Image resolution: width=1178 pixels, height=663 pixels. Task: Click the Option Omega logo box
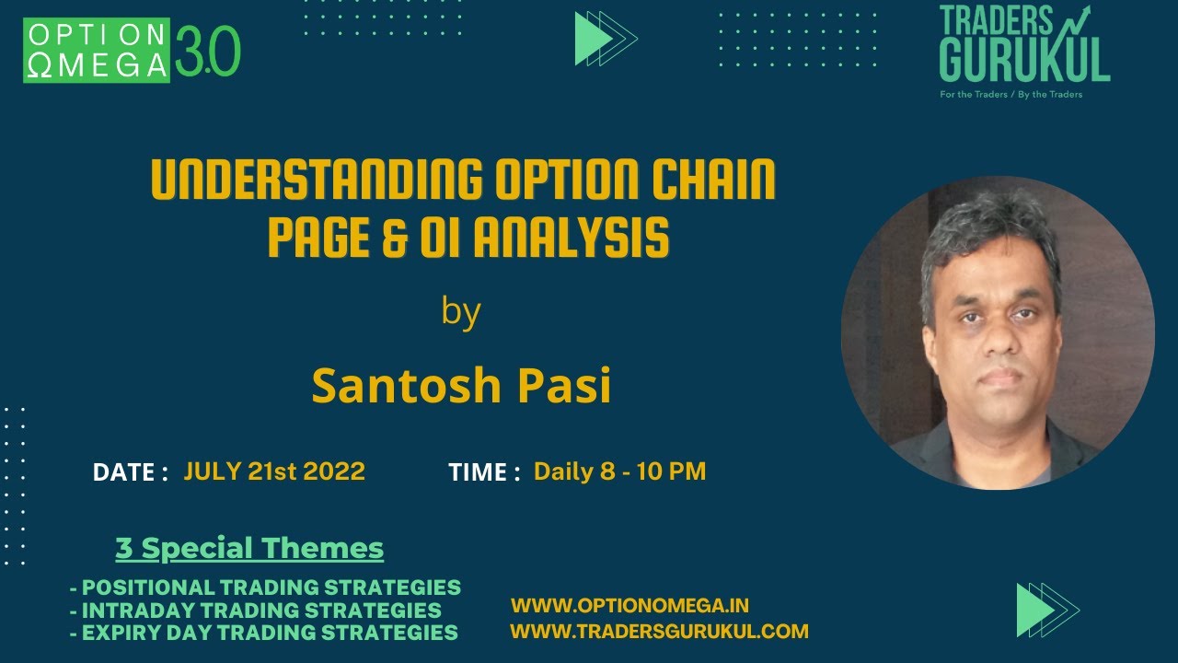pos(97,50)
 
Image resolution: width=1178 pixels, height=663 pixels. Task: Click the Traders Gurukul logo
pos(1023,46)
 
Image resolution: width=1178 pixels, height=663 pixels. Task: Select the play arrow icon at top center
pos(605,39)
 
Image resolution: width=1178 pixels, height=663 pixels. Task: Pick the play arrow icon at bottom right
pos(1046,610)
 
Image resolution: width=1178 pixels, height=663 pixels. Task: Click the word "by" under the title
pos(461,311)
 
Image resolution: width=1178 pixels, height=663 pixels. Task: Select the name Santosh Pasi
pos(461,385)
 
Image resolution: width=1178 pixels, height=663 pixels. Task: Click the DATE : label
pos(130,472)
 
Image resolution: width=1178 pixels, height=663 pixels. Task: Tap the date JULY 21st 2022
pos(274,471)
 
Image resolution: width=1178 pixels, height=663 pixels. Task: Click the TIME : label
pos(484,472)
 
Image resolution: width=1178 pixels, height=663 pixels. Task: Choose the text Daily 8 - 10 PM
pos(619,471)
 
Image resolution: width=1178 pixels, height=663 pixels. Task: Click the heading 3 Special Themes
pos(249,549)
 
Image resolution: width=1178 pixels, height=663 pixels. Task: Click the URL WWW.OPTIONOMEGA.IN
pos(629,606)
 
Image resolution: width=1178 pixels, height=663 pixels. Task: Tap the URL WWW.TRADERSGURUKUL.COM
pos(659,632)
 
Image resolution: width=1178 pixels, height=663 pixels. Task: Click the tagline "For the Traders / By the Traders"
pos(1011,95)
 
